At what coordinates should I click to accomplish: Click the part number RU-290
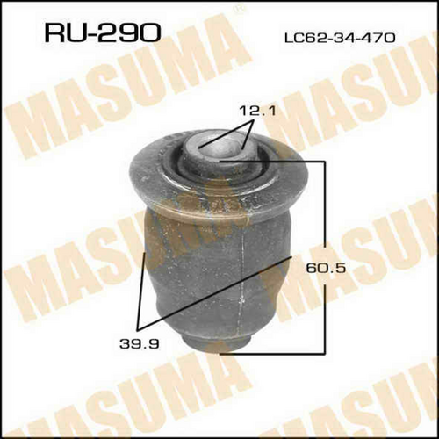point(103,33)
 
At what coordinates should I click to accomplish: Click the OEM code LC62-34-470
point(340,38)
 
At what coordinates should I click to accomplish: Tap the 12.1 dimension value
point(257,112)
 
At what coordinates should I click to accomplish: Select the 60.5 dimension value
point(326,268)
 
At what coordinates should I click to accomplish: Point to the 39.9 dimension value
point(140,344)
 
